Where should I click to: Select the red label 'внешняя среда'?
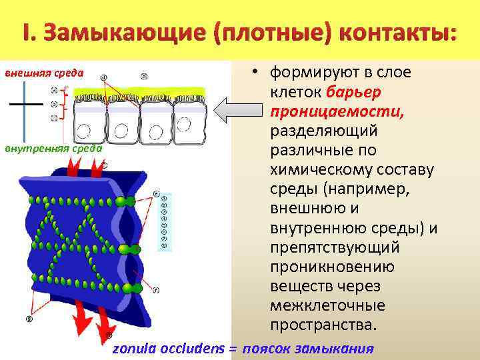click(44, 73)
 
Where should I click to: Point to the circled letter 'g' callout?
click(29, 319)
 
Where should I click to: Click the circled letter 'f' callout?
click(155, 290)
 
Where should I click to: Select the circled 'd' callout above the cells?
click(103, 77)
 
